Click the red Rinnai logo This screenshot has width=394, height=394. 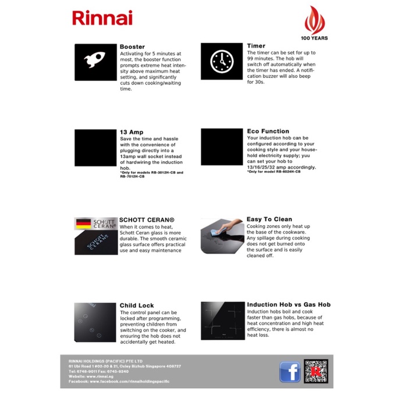click(102, 17)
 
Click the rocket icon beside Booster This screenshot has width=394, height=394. click(95, 62)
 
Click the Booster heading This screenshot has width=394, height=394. click(132, 47)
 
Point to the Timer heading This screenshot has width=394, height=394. click(256, 45)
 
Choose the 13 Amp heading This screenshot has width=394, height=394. click(132, 132)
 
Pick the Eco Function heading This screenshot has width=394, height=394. click(268, 132)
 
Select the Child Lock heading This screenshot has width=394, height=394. click(137, 305)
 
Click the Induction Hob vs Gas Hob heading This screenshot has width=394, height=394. click(288, 304)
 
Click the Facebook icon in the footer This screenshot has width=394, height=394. click(289, 371)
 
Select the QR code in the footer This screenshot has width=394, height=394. click(316, 371)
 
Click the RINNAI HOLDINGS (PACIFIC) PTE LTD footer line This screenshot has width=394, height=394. click(105, 361)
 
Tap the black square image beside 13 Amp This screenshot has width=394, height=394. click(95, 148)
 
